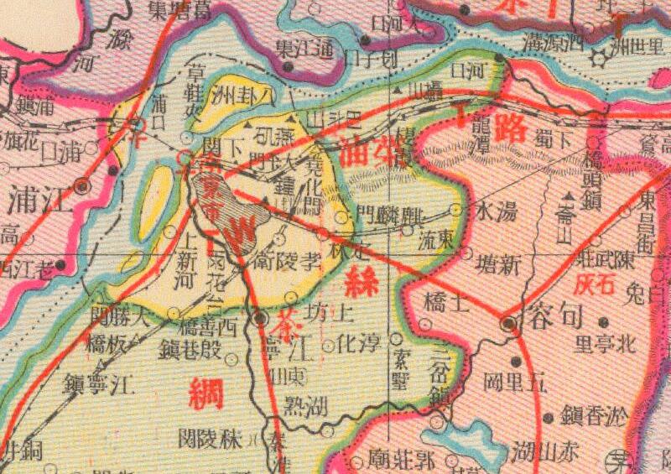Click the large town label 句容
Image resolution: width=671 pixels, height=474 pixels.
(x=559, y=317)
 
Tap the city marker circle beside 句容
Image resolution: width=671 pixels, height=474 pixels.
(x=507, y=324)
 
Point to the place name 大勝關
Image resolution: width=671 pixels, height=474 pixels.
(x=122, y=318)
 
